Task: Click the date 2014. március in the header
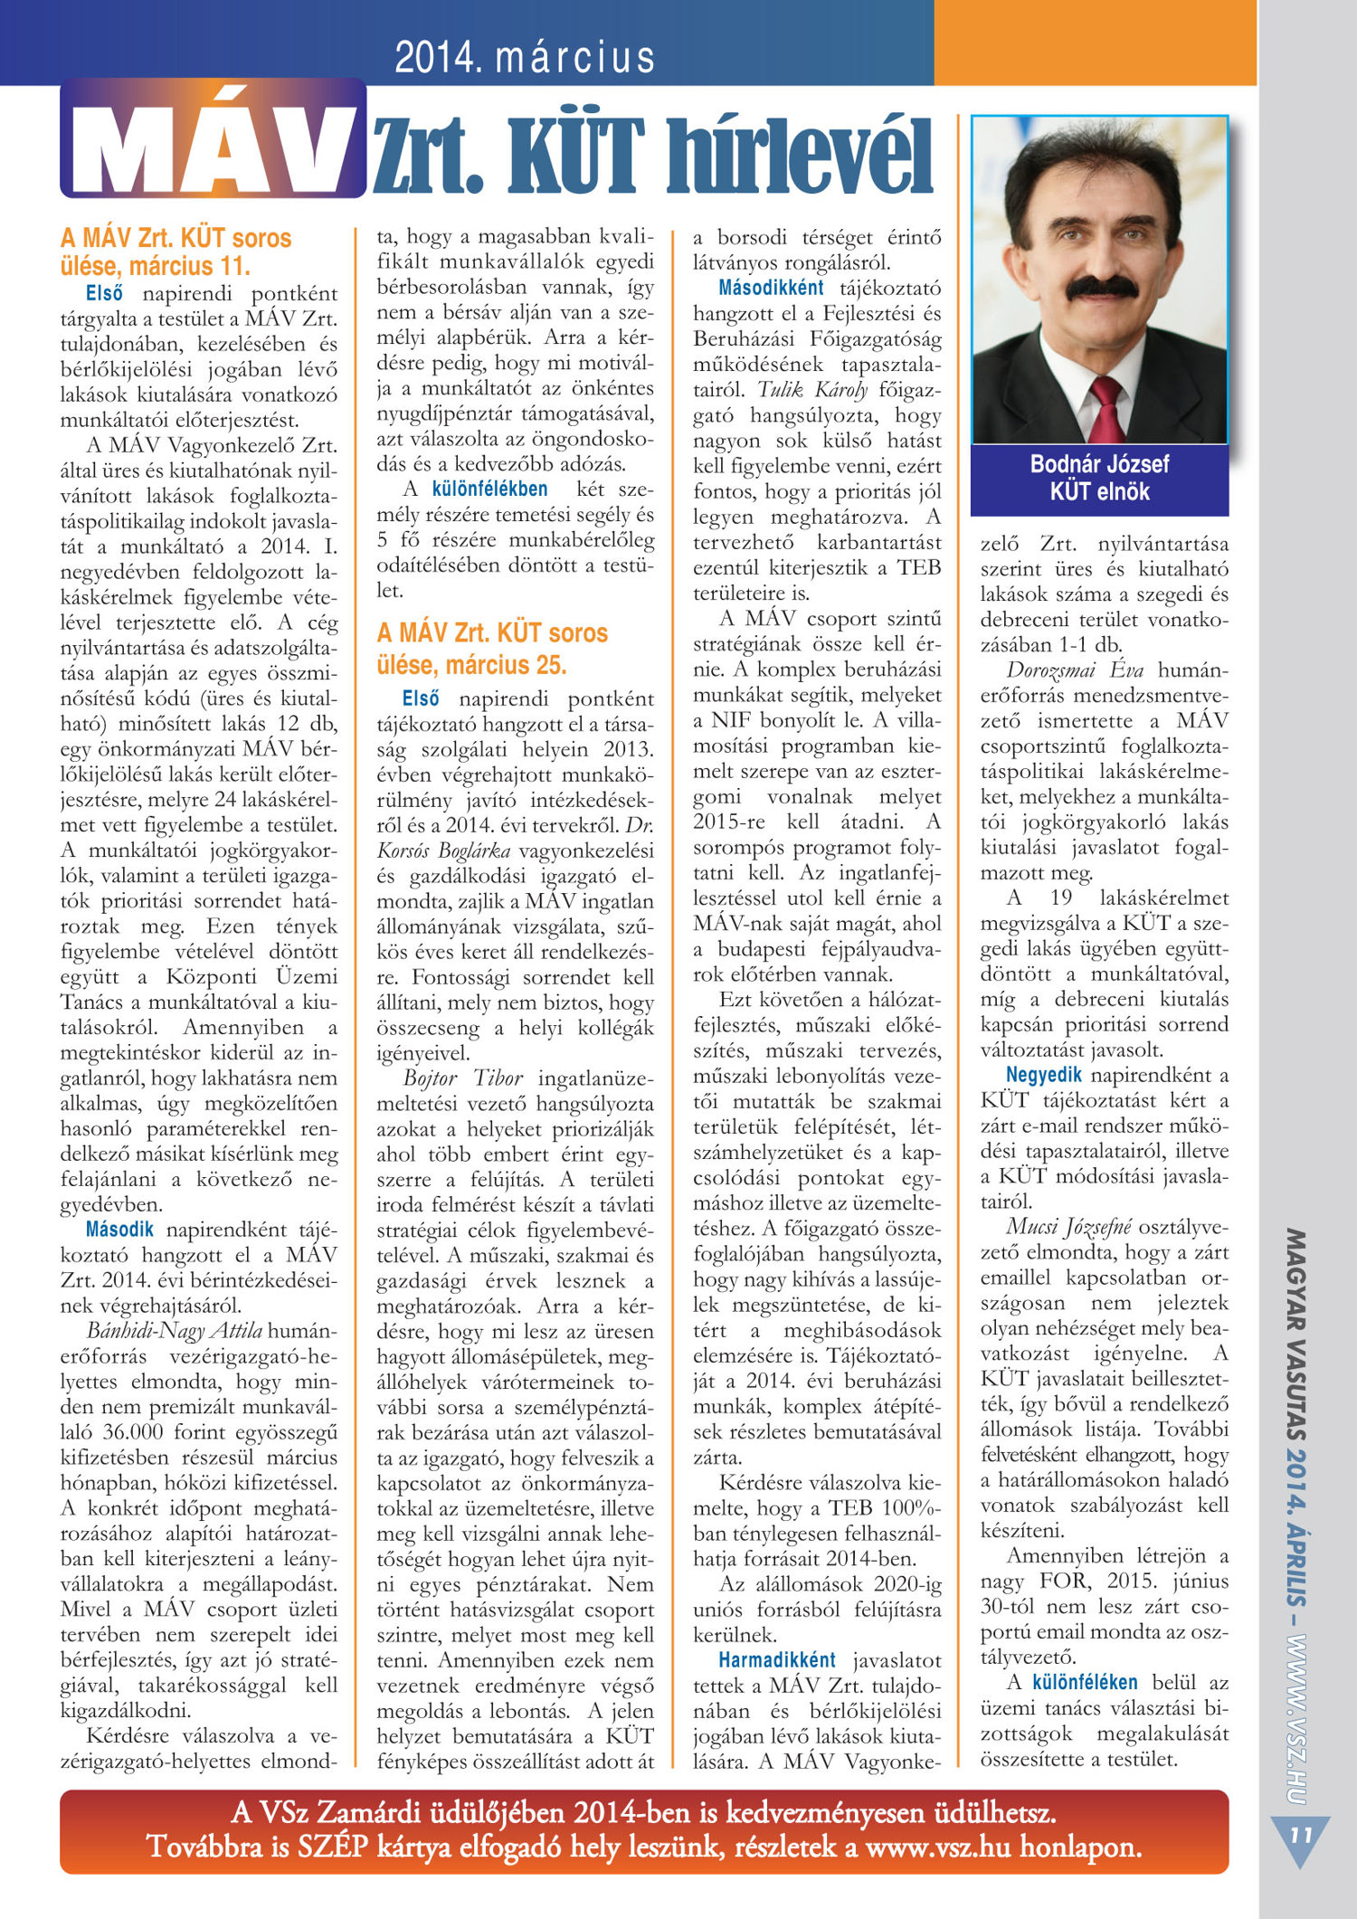(x=525, y=57)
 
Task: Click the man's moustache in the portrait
(x=1102, y=288)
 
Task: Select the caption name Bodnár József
(x=1099, y=464)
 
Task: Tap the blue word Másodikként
(x=771, y=288)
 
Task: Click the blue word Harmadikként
(x=777, y=1660)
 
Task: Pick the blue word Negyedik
(x=1043, y=1075)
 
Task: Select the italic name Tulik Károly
(x=812, y=390)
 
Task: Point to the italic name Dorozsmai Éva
(x=1075, y=670)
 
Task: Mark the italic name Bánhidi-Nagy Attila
(x=175, y=1331)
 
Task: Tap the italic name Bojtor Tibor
(x=463, y=1078)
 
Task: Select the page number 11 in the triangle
(x=1300, y=1835)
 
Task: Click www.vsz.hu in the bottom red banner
(x=938, y=1847)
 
